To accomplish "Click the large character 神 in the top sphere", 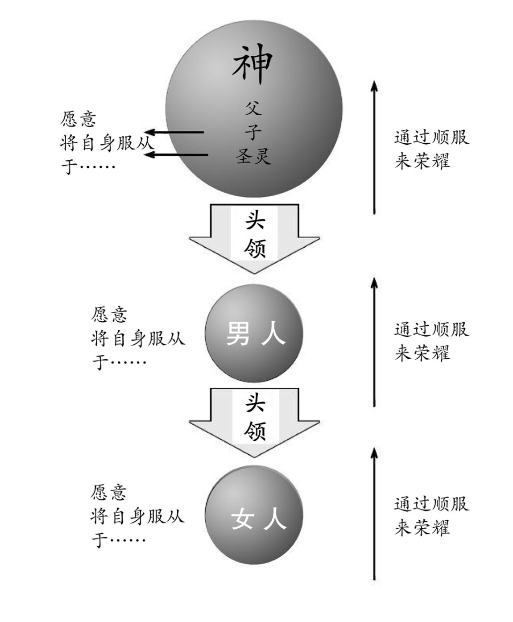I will [252, 65].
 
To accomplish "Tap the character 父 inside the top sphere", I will [253, 108].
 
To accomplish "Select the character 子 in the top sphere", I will [253, 132].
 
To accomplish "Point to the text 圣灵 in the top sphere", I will [253, 156].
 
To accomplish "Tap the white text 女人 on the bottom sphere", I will [258, 519].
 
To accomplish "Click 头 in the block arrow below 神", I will [255, 220].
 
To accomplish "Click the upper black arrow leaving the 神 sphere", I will [175, 133].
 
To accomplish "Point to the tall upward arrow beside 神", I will [374, 147].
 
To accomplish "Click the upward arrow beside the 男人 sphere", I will [374, 341].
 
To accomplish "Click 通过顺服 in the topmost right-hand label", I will [431, 137].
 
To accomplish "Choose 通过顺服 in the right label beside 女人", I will [431, 504].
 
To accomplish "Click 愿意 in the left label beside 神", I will [78, 119].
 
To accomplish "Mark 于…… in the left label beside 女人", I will [119, 540].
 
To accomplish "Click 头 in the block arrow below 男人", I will [255, 404].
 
